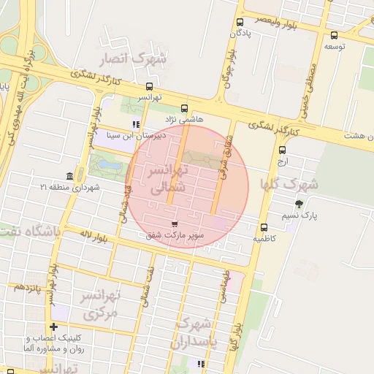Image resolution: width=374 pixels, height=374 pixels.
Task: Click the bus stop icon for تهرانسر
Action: pos(150,86)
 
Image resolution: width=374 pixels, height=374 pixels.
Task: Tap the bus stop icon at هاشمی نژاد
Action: pos(183,108)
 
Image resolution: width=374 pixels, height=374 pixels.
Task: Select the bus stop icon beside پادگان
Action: pos(240,23)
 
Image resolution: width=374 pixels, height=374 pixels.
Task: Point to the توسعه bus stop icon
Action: pos(334,35)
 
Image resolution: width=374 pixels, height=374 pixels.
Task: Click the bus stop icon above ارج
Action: pos(283,150)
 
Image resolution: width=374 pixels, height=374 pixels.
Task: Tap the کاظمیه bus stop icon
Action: pos(264,226)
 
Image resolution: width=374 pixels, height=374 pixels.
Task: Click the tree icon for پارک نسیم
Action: pos(299,204)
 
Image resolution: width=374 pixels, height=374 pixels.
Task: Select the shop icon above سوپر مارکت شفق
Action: pos(174,224)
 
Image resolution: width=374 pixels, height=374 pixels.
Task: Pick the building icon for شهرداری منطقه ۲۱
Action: pos(69,176)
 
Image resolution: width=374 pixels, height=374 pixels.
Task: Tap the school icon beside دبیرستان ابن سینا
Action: pos(135,124)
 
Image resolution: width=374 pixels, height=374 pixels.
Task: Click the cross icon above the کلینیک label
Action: pos(53,327)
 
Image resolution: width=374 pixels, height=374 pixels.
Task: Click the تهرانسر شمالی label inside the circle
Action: pos(169,179)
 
